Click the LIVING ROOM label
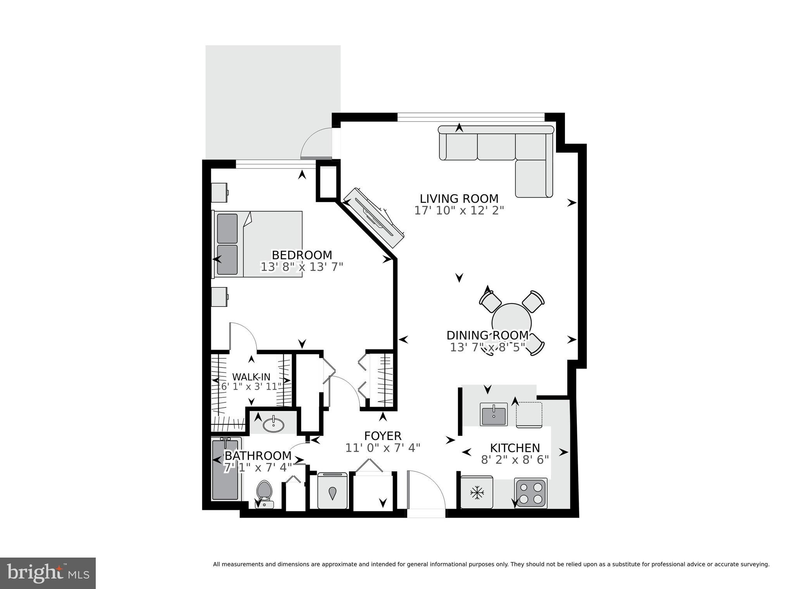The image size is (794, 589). (459, 199)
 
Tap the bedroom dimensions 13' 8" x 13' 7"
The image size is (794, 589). (302, 267)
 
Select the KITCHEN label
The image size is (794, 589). (515, 448)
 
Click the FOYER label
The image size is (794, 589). (383, 436)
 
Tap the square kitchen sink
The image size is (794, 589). (494, 414)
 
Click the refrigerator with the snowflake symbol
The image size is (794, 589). (476, 493)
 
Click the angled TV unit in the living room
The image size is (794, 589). (375, 217)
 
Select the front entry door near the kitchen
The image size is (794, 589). (425, 490)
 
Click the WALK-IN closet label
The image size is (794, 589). (251, 377)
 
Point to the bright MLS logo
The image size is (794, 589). (48, 573)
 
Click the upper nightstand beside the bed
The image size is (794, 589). (219, 192)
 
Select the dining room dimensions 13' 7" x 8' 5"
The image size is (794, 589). (488, 347)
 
